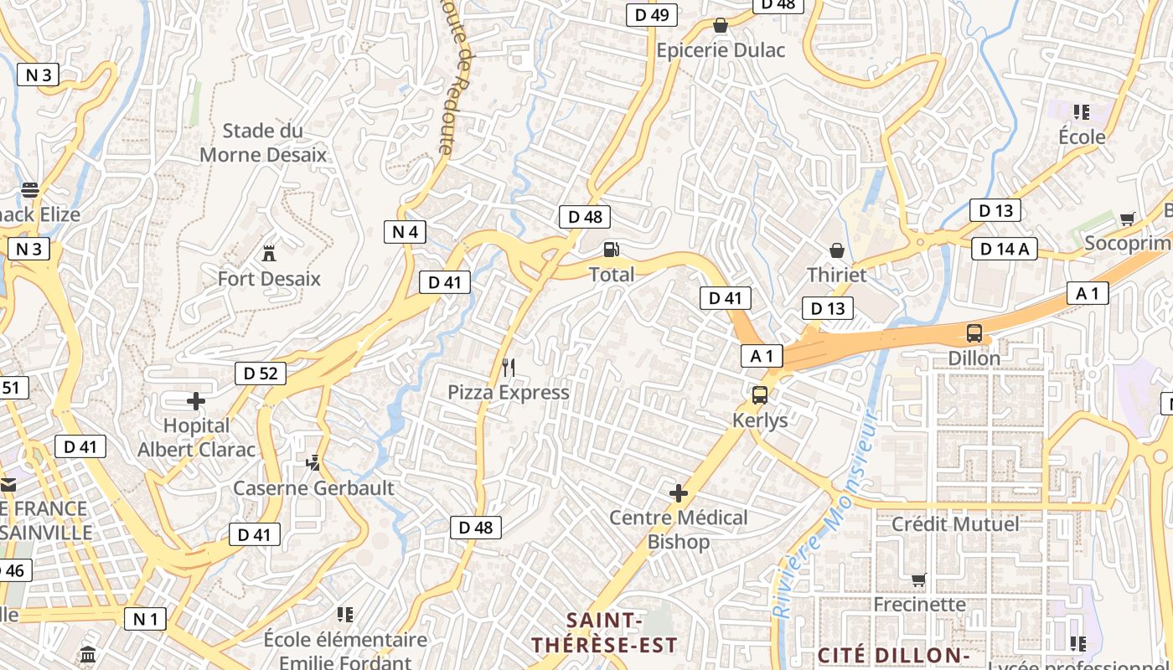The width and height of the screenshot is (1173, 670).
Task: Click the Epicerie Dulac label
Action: [721, 50]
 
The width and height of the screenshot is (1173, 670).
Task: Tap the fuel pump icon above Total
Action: [612, 250]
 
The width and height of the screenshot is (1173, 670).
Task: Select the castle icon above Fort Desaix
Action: [269, 252]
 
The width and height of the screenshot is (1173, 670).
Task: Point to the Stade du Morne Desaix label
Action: [263, 142]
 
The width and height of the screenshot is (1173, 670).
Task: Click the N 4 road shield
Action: [405, 232]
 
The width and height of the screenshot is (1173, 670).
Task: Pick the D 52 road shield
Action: [261, 374]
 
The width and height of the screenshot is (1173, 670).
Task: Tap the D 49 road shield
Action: [652, 15]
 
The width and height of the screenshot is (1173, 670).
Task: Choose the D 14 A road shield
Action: [1004, 249]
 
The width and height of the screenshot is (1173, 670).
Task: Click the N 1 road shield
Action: [145, 619]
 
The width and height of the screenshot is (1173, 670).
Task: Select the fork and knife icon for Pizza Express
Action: [508, 367]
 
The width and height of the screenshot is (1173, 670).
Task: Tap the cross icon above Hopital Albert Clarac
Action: [196, 401]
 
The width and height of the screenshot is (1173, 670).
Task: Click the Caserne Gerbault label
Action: [313, 487]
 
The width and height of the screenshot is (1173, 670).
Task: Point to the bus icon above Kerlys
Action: [760, 395]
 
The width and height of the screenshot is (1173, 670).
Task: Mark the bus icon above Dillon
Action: [974, 332]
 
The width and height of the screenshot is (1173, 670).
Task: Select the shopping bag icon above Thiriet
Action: [836, 250]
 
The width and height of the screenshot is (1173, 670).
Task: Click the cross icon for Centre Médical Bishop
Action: [679, 493]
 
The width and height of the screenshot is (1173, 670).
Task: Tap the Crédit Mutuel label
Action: [955, 524]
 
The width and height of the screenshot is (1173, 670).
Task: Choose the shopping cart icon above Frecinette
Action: [919, 580]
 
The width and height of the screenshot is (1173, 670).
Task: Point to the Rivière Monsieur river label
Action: [824, 515]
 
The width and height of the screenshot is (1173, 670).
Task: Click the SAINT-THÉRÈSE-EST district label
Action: [605, 632]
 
